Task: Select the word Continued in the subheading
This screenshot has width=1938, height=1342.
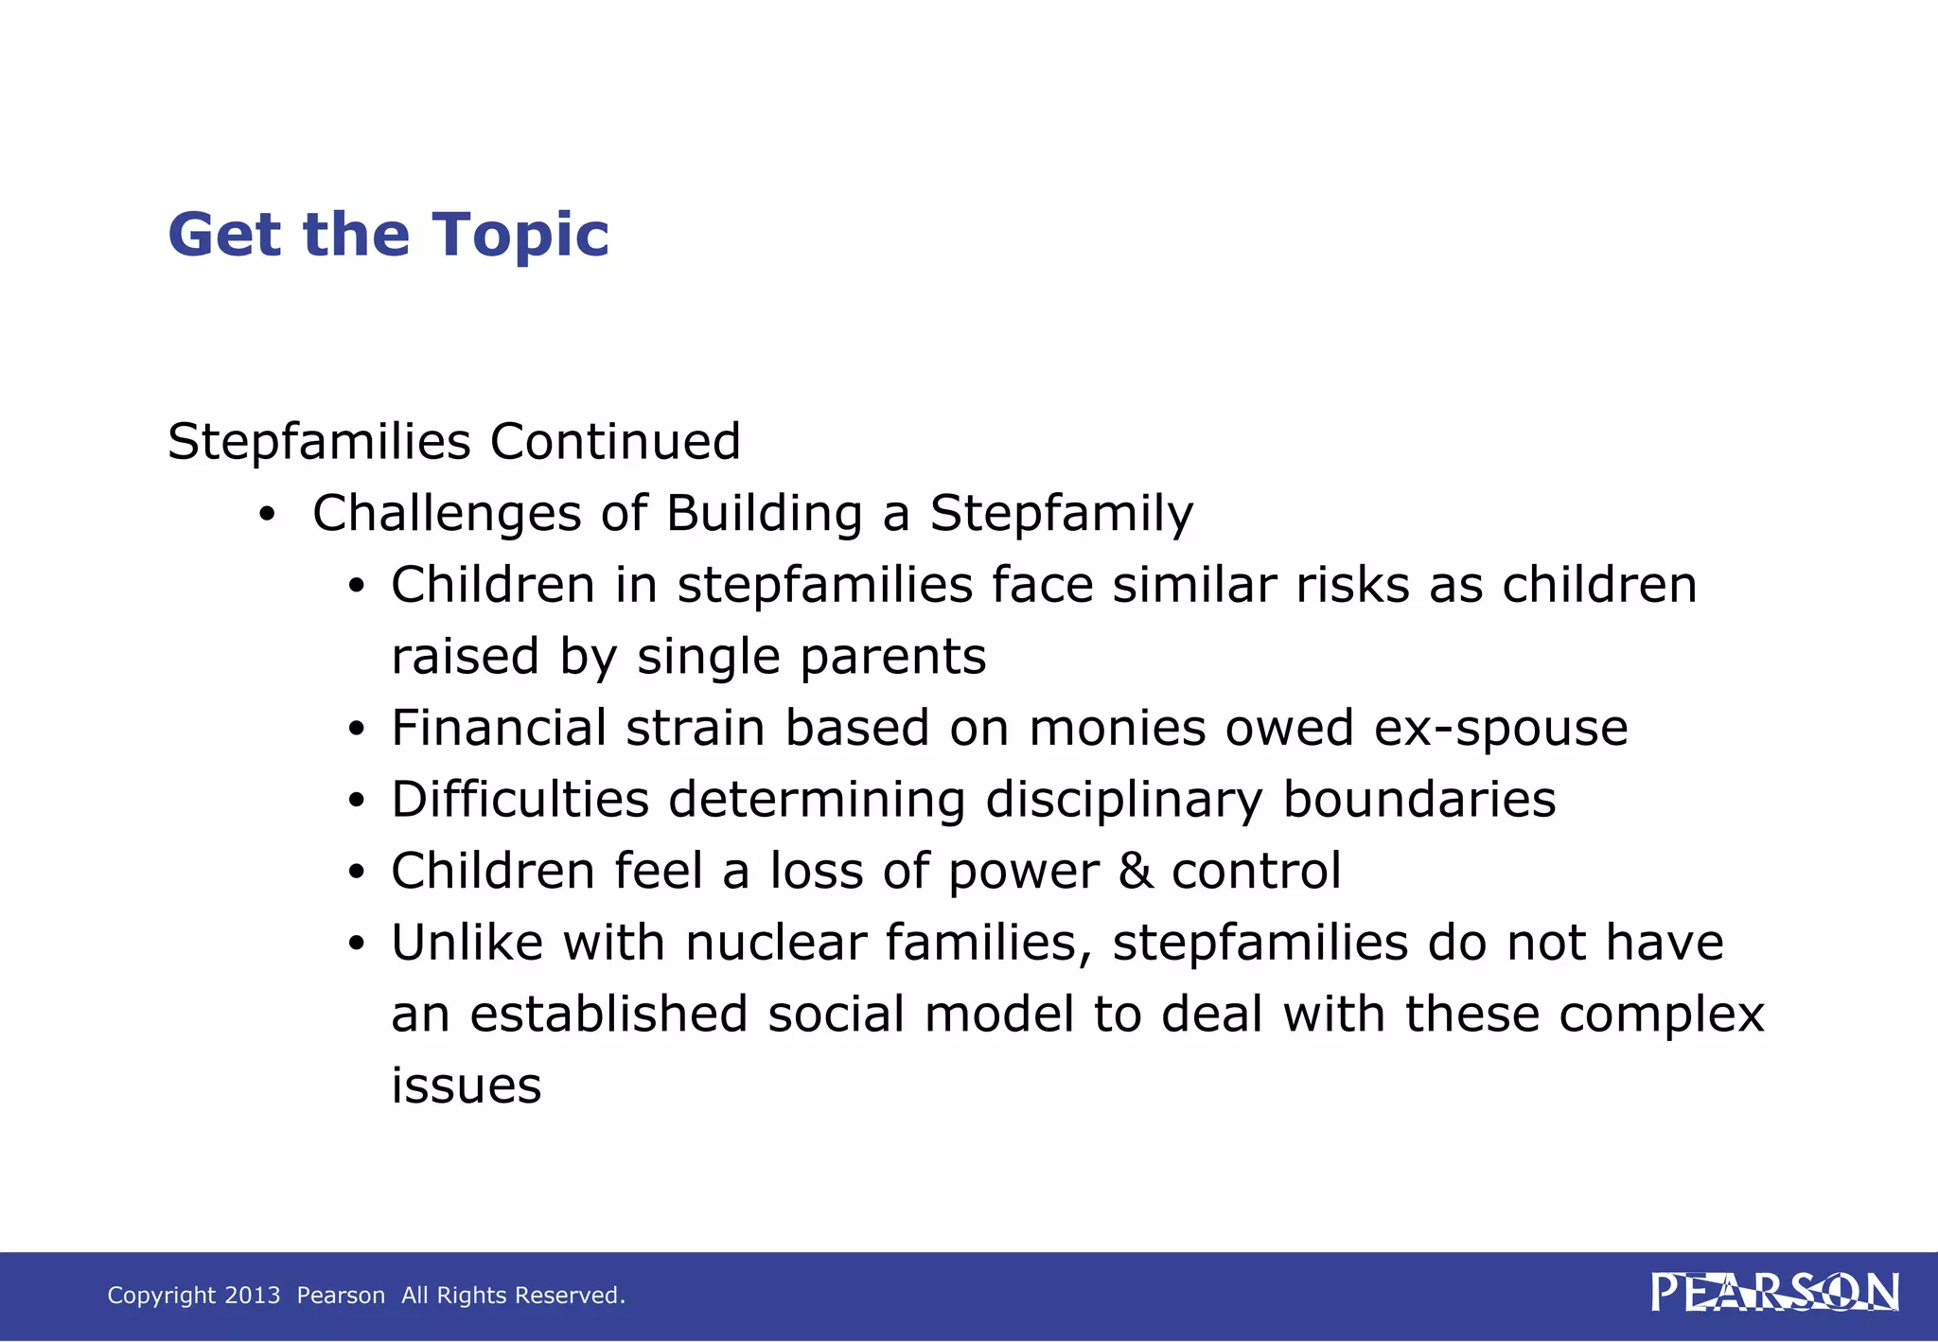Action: click(615, 442)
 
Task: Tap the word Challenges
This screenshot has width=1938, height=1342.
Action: click(447, 515)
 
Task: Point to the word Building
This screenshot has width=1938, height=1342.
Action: click(765, 515)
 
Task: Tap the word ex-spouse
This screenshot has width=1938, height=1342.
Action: click(1501, 729)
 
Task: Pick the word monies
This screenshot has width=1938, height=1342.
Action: click(1117, 728)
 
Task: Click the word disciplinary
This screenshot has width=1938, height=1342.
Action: click(1124, 801)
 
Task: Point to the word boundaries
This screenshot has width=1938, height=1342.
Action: click(1418, 800)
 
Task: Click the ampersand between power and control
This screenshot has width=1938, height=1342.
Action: click(1136, 871)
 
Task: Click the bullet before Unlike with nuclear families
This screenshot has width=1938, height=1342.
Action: click(356, 945)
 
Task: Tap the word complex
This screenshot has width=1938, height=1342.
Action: click(1661, 1015)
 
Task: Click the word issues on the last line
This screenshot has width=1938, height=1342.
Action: click(467, 1086)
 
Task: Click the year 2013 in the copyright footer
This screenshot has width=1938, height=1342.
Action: click(253, 1296)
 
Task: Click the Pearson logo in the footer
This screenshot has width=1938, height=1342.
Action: click(1774, 1293)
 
